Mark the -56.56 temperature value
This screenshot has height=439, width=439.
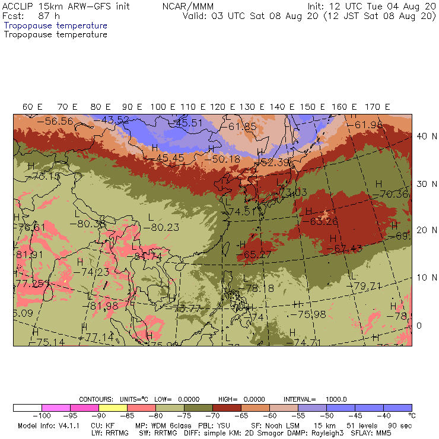pyautogui.click(x=55, y=121)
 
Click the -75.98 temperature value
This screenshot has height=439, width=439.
pyautogui.click(x=312, y=314)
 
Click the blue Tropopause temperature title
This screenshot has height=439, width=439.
pyautogui.click(x=55, y=26)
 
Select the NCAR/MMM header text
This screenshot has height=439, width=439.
pyautogui.click(x=187, y=7)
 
